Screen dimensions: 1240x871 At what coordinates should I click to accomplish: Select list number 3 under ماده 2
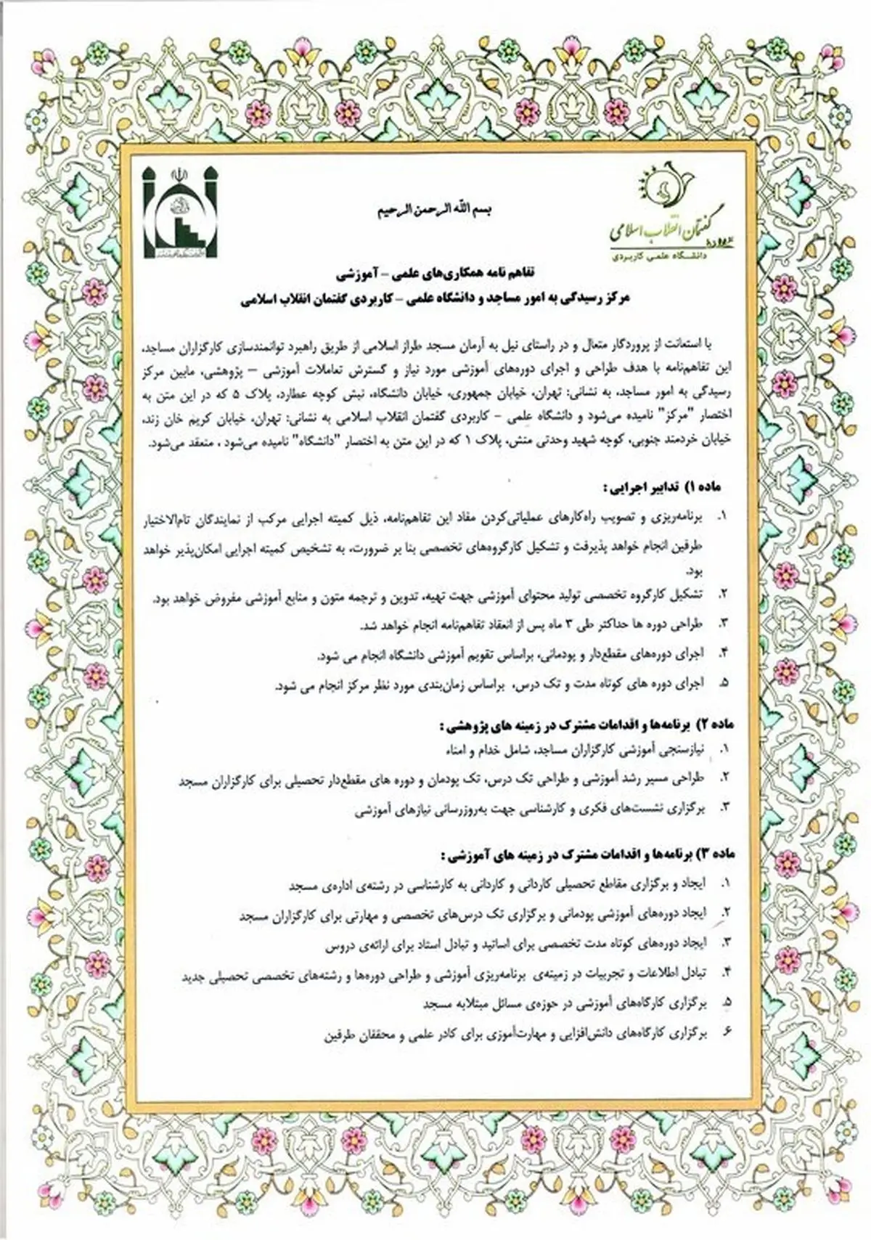click(x=722, y=807)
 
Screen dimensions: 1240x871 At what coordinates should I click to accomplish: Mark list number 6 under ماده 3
click(x=722, y=1032)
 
